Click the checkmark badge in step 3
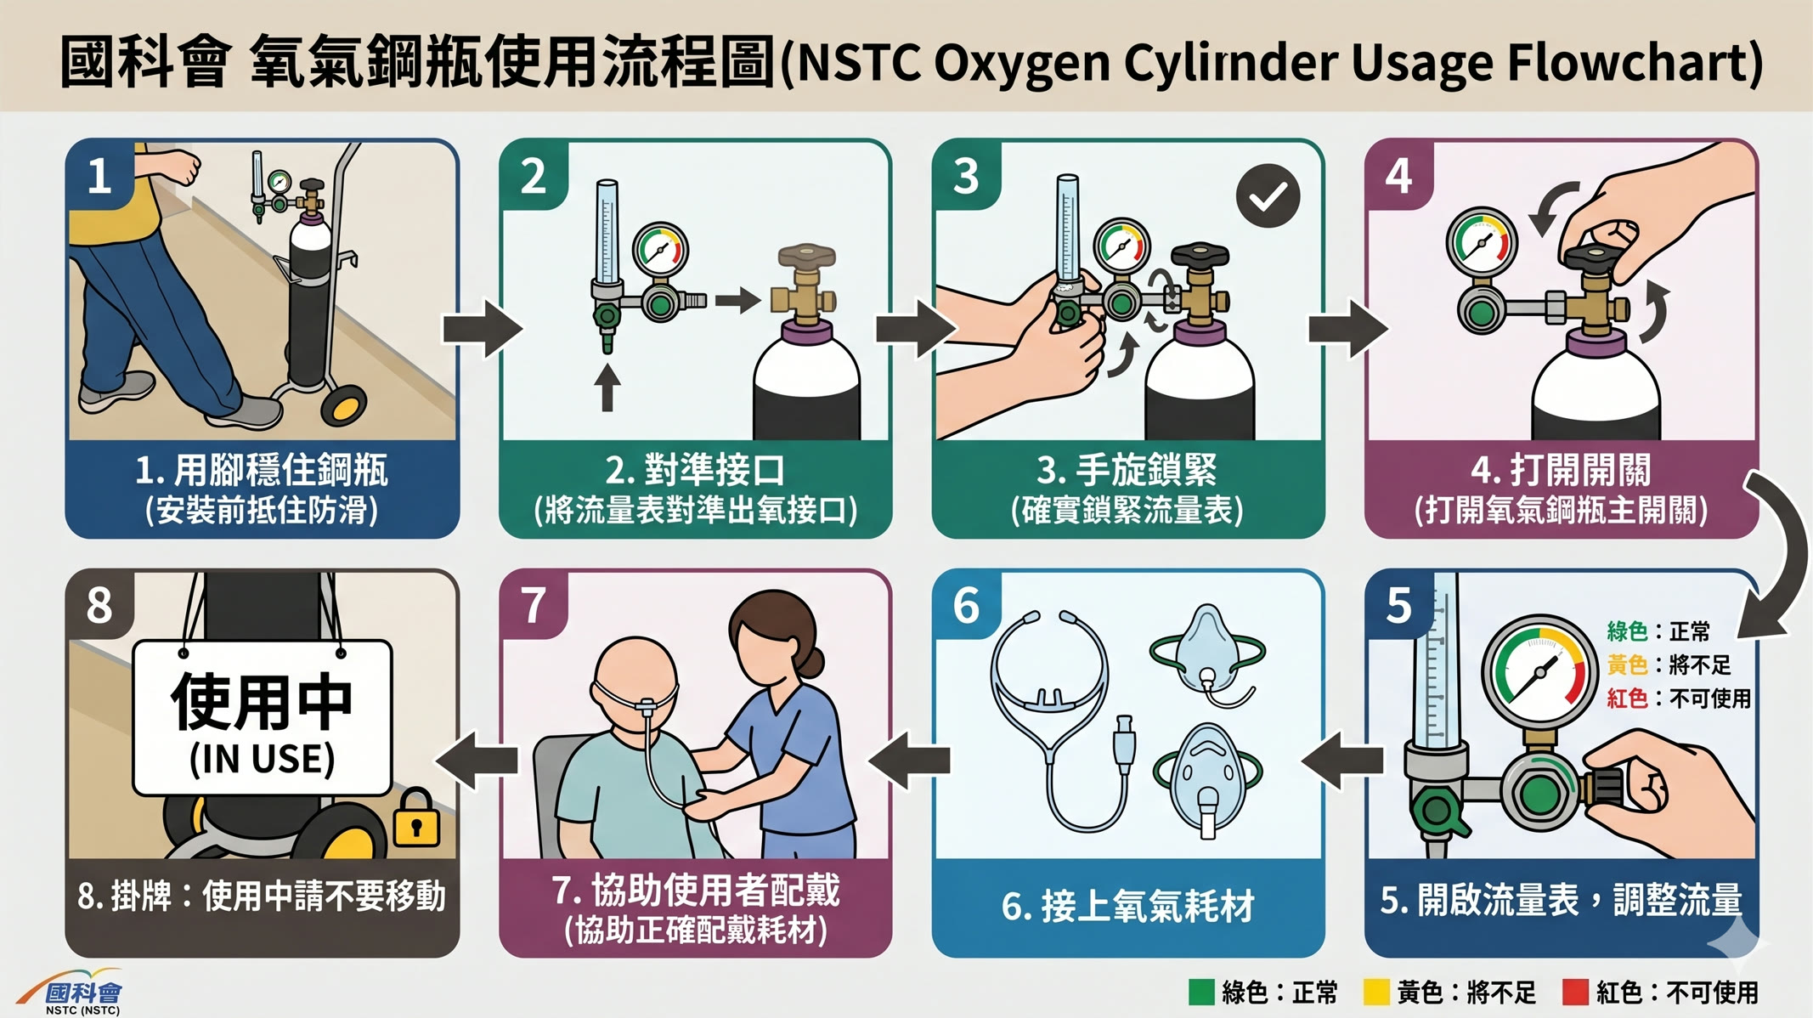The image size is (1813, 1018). pyautogui.click(x=1268, y=196)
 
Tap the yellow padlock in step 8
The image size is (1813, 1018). pyautogui.click(x=415, y=818)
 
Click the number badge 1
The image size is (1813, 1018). pyautogui.click(x=100, y=176)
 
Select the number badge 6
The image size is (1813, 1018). pyautogui.click(x=967, y=605)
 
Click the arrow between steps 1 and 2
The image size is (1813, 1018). pyautogui.click(x=483, y=328)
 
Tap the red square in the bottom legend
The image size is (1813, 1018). pyautogui.click(x=1575, y=993)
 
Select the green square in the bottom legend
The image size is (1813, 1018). pyautogui.click(x=1200, y=993)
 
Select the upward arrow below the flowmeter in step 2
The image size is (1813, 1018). pyautogui.click(x=607, y=387)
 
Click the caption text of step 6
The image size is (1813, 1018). pyautogui.click(x=1128, y=906)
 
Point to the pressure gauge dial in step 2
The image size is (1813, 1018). pyautogui.click(x=660, y=250)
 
